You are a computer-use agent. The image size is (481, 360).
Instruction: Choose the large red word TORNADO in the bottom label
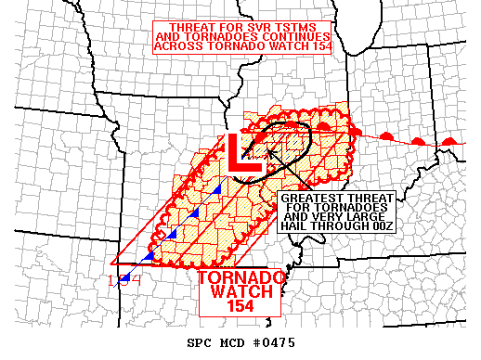(239, 277)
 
